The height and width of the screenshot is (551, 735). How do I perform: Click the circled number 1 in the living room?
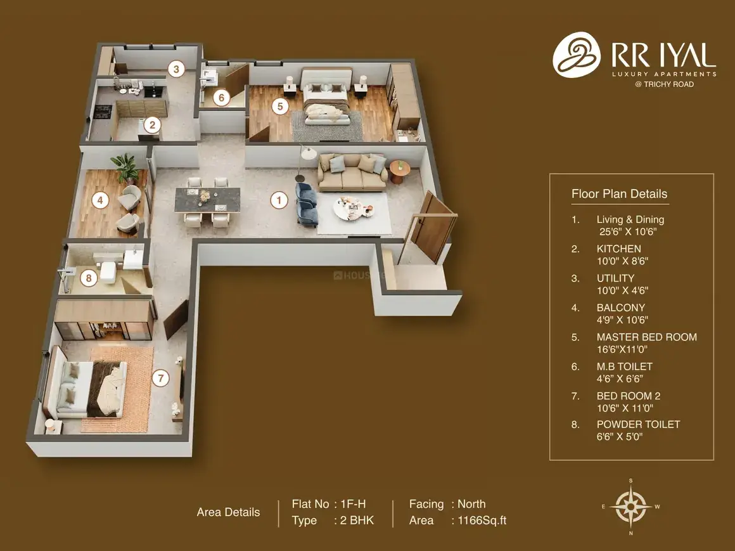coord(279,201)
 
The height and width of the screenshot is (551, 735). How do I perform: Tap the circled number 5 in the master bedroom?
coord(280,107)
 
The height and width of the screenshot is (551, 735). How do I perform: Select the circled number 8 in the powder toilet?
coord(89,278)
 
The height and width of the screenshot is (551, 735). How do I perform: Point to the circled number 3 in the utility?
coord(176,69)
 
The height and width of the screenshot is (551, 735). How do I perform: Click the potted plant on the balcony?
coord(125,167)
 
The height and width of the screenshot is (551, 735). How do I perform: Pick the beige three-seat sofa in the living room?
coord(352,172)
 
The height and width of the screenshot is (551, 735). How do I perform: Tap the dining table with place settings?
coord(207,199)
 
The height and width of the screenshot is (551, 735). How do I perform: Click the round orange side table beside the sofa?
coord(400,172)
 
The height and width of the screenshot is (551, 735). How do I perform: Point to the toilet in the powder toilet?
coord(106,273)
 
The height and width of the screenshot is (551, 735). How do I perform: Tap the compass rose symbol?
coord(631,507)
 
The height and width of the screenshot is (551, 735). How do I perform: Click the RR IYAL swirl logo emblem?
coord(577,55)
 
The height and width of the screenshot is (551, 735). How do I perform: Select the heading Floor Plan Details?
coord(619,193)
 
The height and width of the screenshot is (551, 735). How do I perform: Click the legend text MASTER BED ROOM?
coord(646,337)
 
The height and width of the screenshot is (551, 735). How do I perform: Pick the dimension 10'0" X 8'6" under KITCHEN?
coord(622,261)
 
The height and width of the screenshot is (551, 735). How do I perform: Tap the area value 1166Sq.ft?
coord(482,521)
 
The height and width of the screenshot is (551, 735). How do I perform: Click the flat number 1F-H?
coord(353,504)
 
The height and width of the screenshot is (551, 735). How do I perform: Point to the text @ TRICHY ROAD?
coord(664,84)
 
